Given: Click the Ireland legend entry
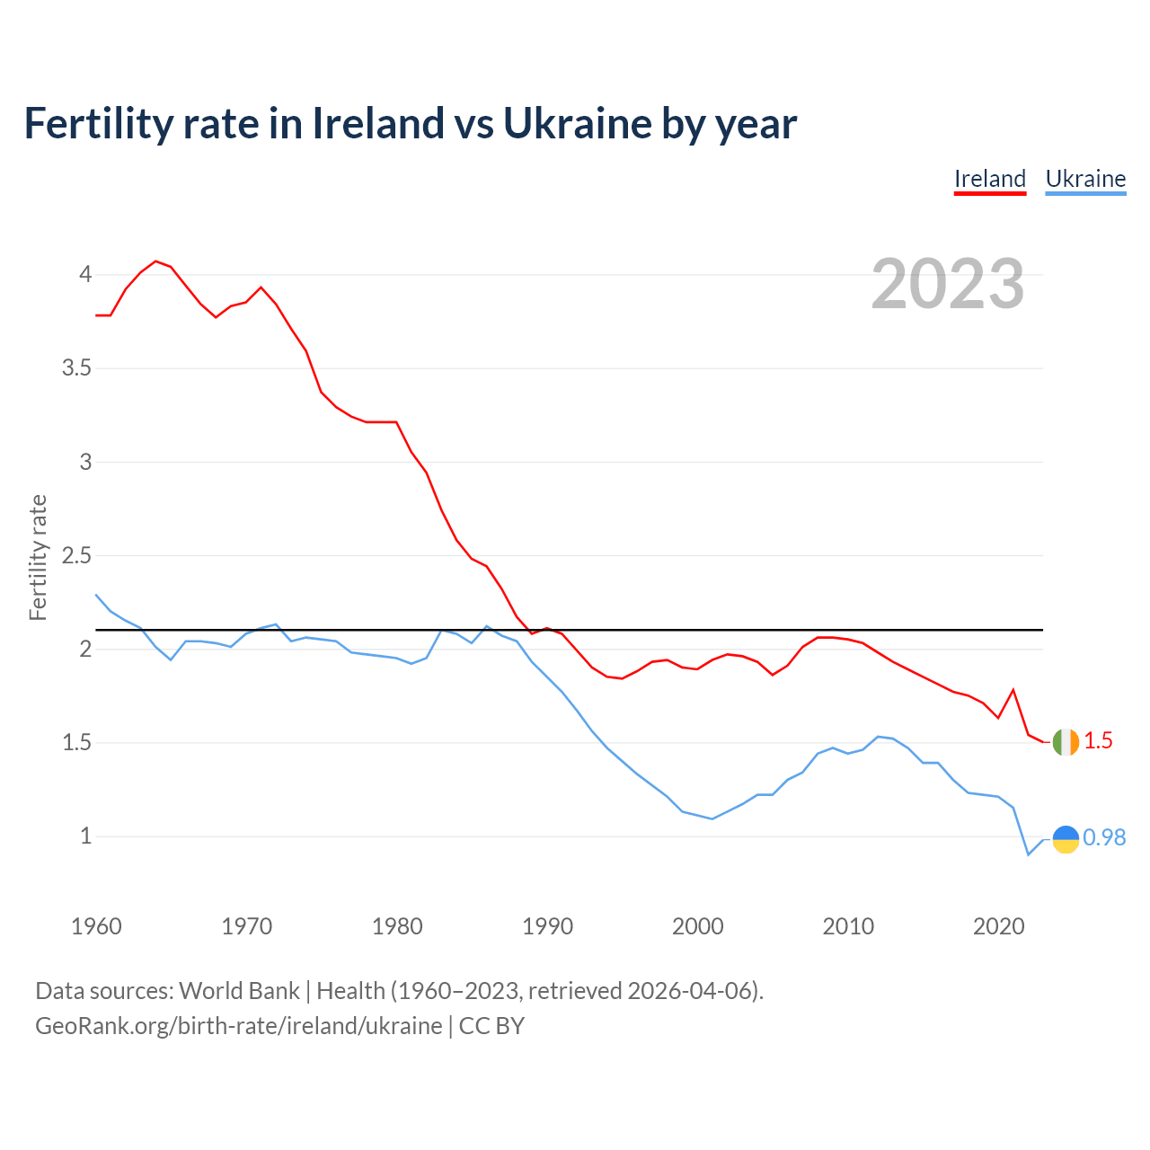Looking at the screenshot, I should click(989, 179).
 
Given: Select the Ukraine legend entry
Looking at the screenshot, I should click(1085, 179).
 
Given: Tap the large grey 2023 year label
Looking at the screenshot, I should click(947, 284).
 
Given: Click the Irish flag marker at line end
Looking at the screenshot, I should click(1065, 742).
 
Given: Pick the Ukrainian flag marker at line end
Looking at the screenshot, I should click(1065, 838).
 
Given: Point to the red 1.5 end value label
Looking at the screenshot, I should click(1098, 741).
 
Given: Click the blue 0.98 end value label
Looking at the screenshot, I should click(1104, 837).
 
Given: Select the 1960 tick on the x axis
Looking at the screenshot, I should click(96, 926).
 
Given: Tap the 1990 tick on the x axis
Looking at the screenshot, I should click(547, 926).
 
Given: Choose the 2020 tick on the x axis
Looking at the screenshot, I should click(998, 926).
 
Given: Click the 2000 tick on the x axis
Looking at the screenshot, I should click(697, 926).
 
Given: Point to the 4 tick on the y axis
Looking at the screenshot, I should click(85, 274).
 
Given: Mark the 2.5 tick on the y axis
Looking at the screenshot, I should click(76, 556).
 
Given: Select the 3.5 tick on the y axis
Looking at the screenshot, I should click(76, 368).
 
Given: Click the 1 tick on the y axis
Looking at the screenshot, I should click(86, 836).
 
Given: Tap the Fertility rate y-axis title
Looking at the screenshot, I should click(38, 557).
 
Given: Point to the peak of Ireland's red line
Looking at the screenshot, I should click(155, 261).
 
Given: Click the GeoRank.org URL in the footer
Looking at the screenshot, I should click(238, 1026).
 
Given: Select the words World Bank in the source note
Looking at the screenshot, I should click(239, 991).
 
